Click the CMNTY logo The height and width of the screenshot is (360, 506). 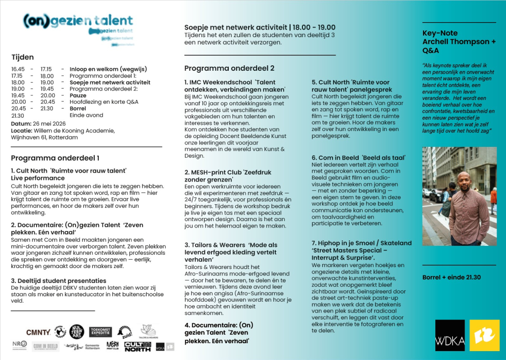pos(38,332)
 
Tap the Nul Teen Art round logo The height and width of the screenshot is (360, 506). pos(77,332)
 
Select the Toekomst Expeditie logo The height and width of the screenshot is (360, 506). pos(100,332)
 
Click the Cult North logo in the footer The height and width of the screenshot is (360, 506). pos(137,346)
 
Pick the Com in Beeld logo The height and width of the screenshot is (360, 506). pos(45,346)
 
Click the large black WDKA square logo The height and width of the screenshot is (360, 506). pos(450,335)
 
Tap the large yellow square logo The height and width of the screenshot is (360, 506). pos(484,335)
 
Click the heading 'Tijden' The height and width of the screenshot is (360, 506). pos(22,57)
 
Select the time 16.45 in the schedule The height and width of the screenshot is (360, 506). pos(18,69)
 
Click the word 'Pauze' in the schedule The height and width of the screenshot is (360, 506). pos(78,95)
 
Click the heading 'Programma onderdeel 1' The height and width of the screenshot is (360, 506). pos(55,158)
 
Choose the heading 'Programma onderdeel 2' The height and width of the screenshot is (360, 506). pos(229,68)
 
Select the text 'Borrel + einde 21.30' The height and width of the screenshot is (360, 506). pos(451,277)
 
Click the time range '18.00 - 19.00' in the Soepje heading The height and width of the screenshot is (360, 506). pos(315,27)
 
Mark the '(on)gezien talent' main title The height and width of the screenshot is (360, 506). pos(78,20)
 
